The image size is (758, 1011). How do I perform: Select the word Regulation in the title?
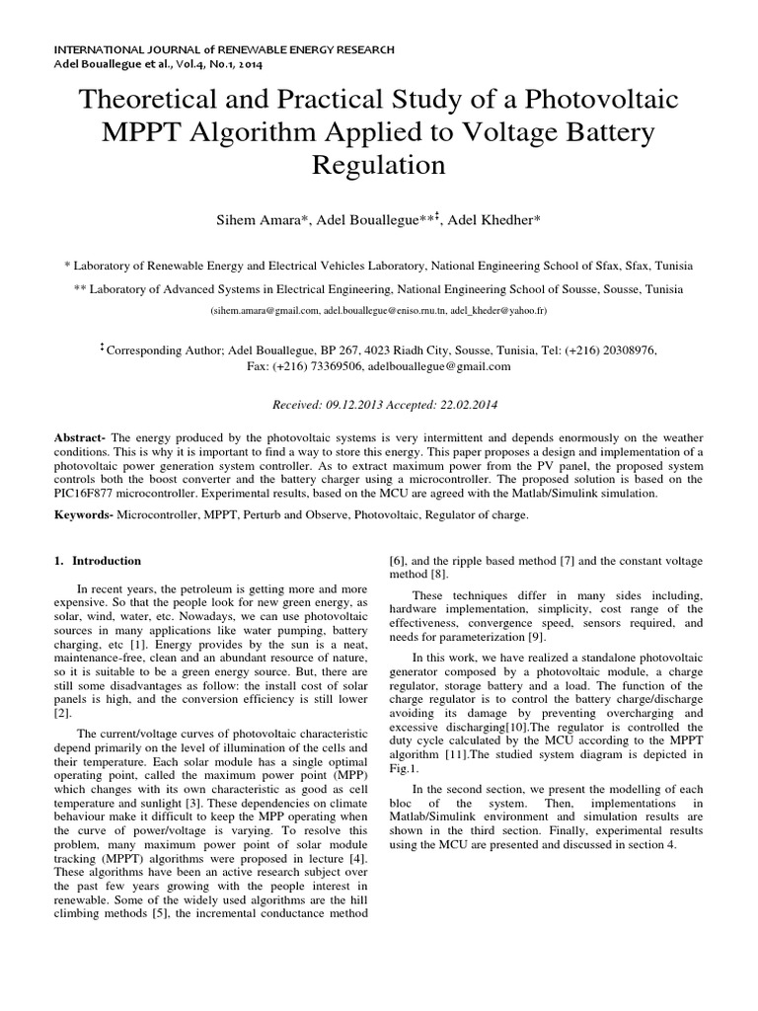click(379, 164)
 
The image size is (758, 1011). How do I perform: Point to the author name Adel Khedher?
click(493, 219)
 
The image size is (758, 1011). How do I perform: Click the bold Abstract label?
click(79, 437)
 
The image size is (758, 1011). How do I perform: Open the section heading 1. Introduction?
click(97, 561)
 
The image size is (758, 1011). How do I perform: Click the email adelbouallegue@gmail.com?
click(439, 366)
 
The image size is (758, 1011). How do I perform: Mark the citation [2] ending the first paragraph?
click(61, 712)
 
